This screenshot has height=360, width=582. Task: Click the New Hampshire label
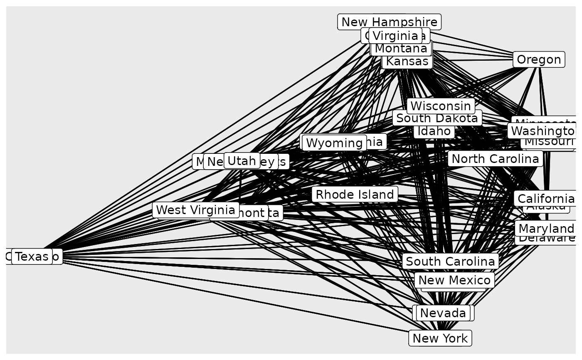(390, 22)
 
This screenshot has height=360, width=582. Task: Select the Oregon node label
(539, 59)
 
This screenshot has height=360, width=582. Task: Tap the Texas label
(32, 256)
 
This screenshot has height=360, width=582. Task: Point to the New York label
(440, 338)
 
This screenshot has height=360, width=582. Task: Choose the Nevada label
(443, 313)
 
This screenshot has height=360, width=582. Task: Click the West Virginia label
(195, 210)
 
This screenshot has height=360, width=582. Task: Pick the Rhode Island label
(355, 194)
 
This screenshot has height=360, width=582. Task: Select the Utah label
(242, 160)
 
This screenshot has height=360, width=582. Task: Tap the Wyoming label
(334, 143)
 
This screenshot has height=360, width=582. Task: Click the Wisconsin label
(441, 106)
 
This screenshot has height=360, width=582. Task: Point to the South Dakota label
(437, 118)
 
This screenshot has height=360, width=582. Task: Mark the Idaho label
(434, 131)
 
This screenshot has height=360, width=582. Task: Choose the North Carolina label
(495, 158)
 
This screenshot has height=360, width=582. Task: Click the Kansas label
(407, 62)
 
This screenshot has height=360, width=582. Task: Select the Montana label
(401, 49)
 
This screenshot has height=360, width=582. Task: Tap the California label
(546, 198)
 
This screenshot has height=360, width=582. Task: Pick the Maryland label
(546, 228)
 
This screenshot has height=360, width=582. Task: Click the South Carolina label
(450, 261)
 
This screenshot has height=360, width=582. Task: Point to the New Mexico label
(454, 280)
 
